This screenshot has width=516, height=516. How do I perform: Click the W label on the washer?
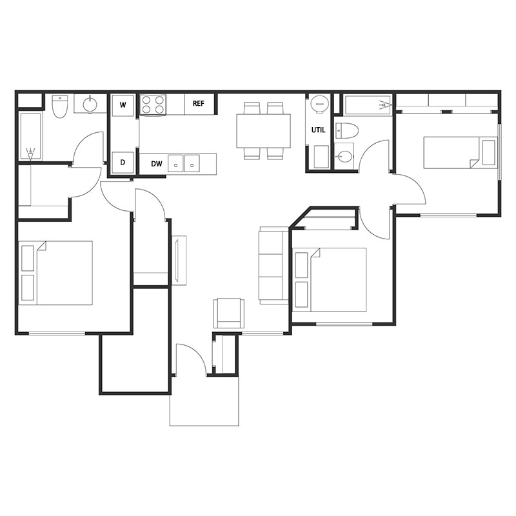pyautogui.click(x=123, y=104)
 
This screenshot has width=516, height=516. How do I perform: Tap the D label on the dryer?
pyautogui.click(x=123, y=163)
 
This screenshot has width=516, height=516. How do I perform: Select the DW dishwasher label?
pyautogui.click(x=156, y=164)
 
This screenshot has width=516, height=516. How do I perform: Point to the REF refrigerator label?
pyautogui.click(x=199, y=104)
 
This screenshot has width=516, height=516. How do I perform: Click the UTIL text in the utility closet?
pyautogui.click(x=319, y=130)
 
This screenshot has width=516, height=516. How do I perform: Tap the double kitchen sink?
pyautogui.click(x=184, y=163)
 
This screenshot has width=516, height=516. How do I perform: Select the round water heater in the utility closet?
pyautogui.click(x=319, y=104)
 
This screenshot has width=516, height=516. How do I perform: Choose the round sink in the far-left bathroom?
pyautogui.click(x=90, y=103)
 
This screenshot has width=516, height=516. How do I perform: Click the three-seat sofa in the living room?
pyautogui.click(x=273, y=265)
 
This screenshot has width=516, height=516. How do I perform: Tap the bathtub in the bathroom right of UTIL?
pyautogui.click(x=366, y=104)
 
